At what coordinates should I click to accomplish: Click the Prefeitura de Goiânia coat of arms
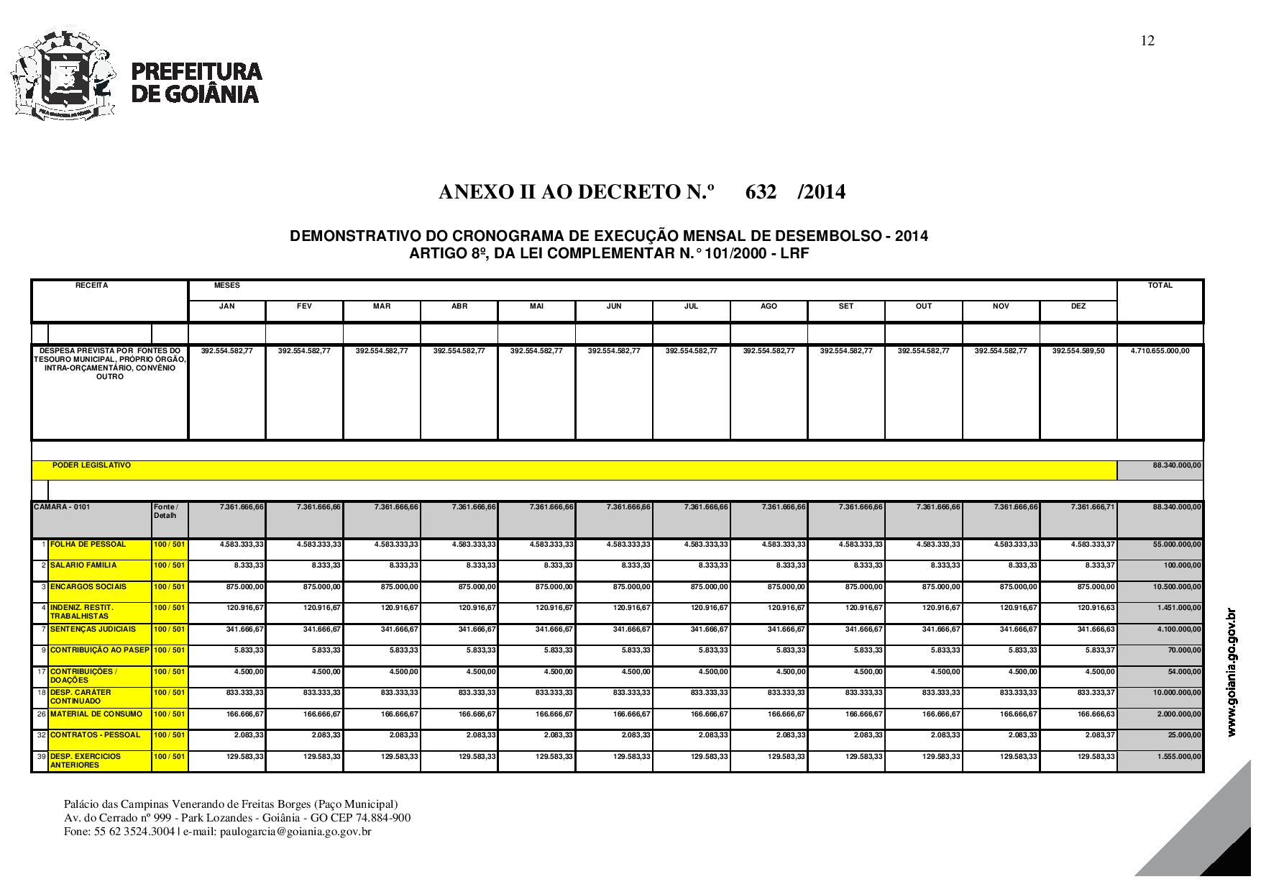tap(63, 72)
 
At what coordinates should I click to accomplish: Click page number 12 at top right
tap(1147, 41)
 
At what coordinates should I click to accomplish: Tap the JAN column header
tap(226, 306)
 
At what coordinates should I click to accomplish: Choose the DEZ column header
tap(1078, 306)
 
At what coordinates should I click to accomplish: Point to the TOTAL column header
tap(1160, 286)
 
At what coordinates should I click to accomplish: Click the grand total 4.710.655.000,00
tap(1160, 351)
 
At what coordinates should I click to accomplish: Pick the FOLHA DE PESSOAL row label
tap(88, 545)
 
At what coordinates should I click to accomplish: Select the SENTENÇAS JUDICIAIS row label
tap(92, 629)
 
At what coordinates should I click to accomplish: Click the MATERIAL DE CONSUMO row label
tap(96, 714)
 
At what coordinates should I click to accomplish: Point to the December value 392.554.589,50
tap(1078, 351)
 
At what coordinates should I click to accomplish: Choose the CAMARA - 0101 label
tap(63, 507)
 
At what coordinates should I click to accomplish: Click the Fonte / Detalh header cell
tap(166, 511)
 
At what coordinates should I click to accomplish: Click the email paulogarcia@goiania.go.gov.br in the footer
tap(295, 832)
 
